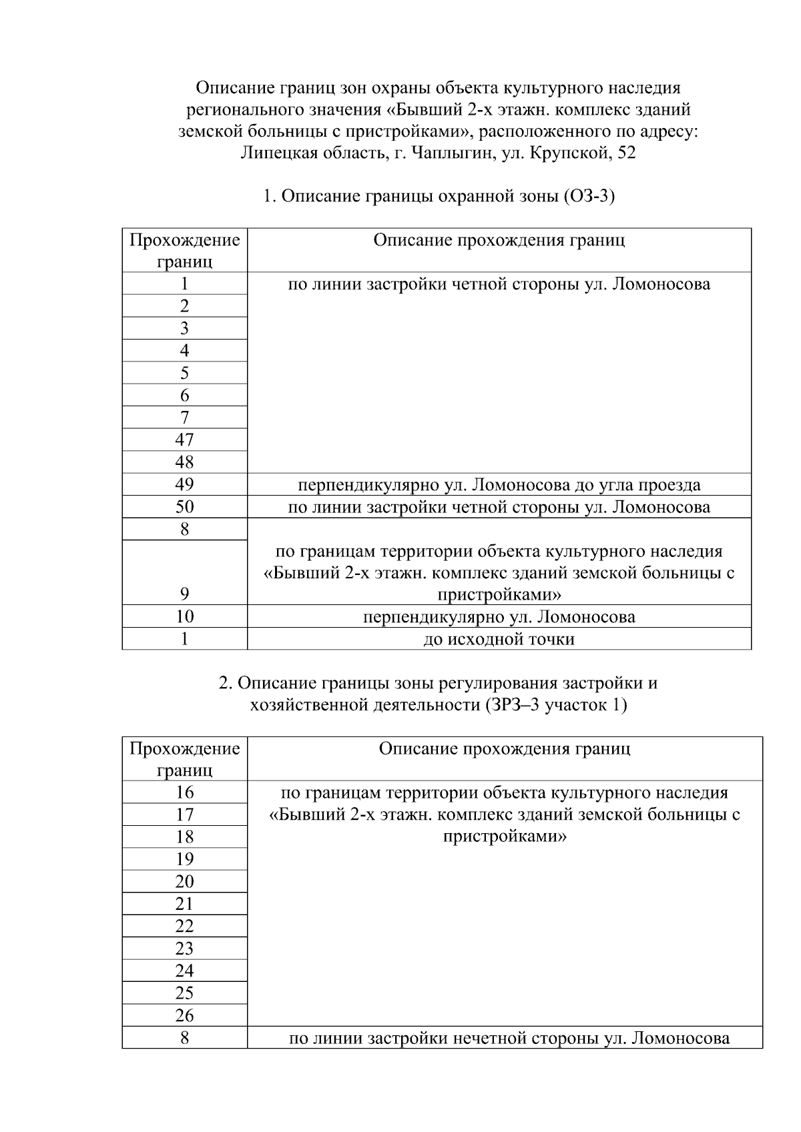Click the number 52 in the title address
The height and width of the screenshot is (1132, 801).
coord(627,153)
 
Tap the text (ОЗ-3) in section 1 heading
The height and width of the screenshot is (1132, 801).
coord(589,197)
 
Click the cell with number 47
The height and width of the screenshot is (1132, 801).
coord(184,440)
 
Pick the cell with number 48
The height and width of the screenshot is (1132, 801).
coord(184,462)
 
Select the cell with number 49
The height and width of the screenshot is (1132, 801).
coord(184,484)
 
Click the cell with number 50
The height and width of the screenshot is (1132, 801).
coord(184,507)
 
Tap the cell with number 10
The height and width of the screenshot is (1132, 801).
coord(184,616)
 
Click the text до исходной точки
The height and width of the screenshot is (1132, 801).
coord(499,639)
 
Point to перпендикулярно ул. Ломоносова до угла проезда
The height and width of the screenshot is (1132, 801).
coord(499,484)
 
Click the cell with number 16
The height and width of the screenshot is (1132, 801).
coord(184,792)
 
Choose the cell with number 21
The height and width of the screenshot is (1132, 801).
coord(184,904)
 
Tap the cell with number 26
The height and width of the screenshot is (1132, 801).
coord(184,1015)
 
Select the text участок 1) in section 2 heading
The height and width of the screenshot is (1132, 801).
coord(585,706)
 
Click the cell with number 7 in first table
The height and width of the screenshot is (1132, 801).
coord(184,418)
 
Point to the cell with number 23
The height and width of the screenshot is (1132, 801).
coord(184,949)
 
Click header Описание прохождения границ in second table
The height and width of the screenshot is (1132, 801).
coord(504,748)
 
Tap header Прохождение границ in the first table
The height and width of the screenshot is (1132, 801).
coord(184,250)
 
